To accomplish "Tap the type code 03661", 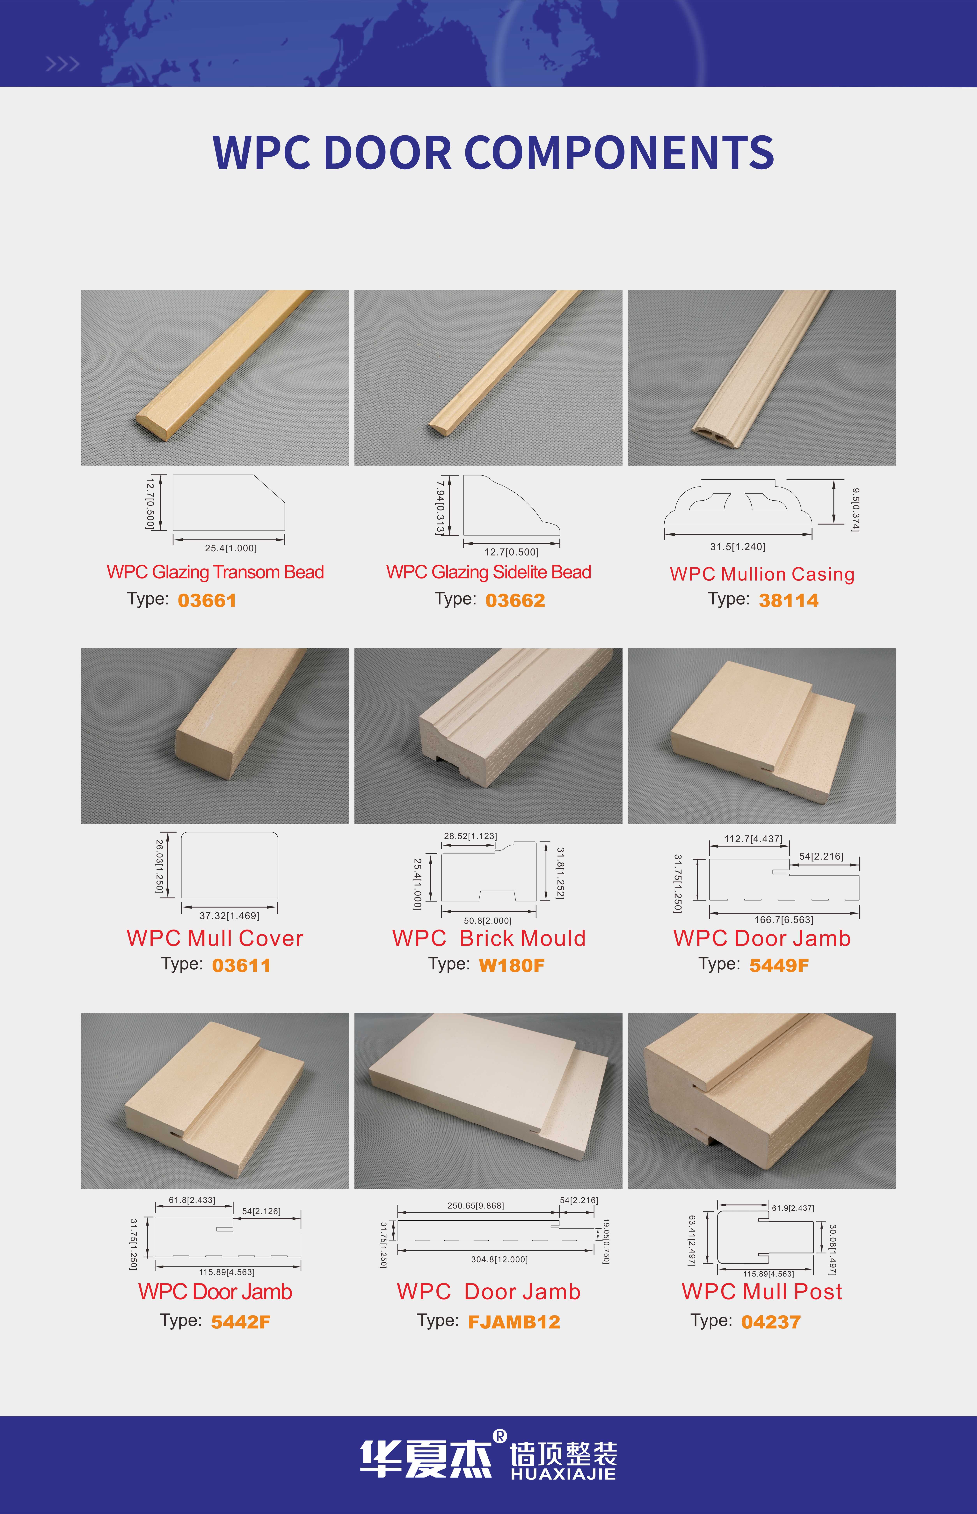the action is (207, 600).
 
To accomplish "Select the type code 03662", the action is (515, 600).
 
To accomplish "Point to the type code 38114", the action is (789, 600).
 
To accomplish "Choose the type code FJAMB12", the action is (514, 1322).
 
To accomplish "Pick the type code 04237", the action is (771, 1322).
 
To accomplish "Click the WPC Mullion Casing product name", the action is (762, 574).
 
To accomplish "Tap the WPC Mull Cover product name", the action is (215, 938).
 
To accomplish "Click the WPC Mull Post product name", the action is (762, 1291).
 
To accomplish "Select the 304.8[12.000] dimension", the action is (499, 1259).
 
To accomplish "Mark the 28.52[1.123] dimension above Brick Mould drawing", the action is (470, 836).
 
